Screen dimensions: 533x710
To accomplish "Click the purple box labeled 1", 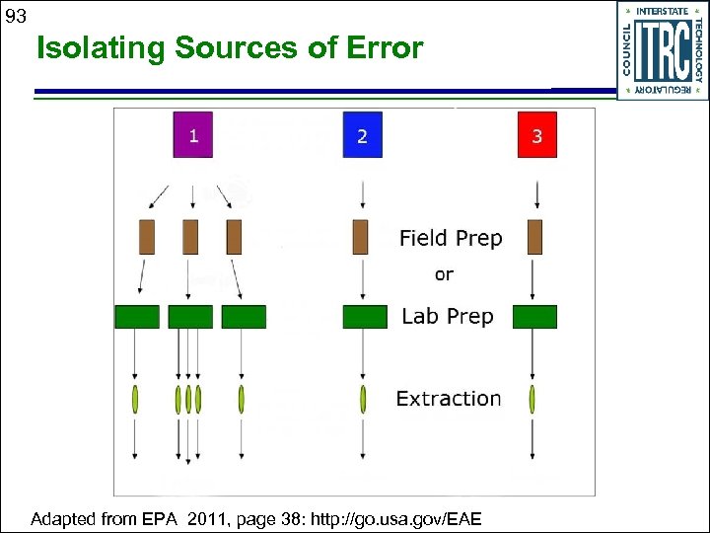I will (193, 135).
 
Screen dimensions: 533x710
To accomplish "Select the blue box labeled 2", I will (362, 135).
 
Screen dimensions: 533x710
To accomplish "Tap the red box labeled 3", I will (536, 135).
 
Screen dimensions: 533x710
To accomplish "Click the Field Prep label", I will (451, 238).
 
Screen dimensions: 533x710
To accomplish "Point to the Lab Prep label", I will (448, 316).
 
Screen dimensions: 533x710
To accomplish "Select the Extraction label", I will (449, 399).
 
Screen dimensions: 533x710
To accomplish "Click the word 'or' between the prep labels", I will (444, 274).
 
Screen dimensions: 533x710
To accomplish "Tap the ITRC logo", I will (663, 50).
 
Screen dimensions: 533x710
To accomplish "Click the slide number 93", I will (16, 17).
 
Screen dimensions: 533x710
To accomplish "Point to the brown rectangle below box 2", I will (360, 237).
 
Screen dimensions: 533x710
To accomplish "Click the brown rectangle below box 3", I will (535, 237).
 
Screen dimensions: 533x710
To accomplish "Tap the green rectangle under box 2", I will (365, 317).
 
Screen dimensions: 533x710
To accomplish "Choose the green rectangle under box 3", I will (535, 317).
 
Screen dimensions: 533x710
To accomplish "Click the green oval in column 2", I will (363, 399).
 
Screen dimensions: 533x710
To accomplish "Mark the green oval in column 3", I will (532, 399).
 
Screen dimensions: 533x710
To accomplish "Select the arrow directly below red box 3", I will (535, 192).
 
